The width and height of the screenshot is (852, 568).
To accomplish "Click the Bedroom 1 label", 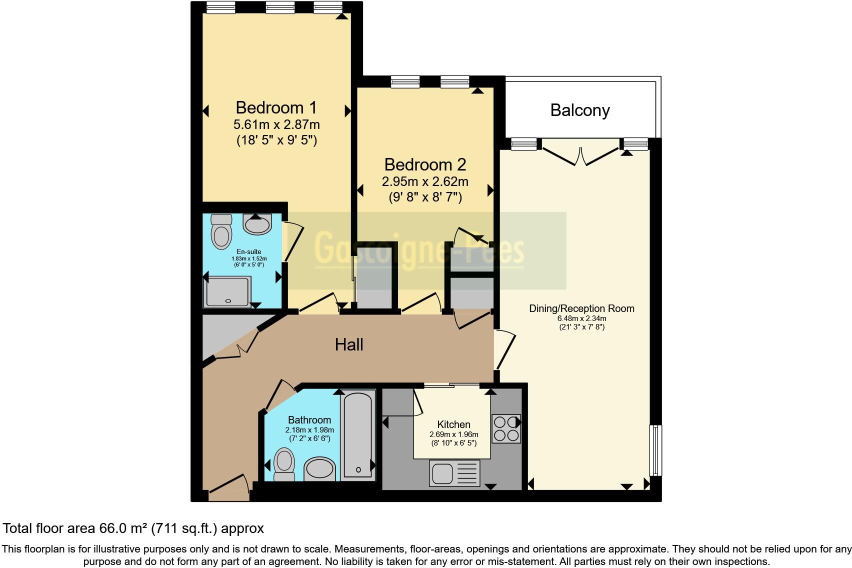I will click(276, 107).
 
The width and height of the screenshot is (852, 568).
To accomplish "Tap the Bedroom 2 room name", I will click(425, 164).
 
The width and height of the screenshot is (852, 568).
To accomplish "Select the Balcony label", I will click(580, 110).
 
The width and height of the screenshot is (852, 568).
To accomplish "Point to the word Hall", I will click(349, 344).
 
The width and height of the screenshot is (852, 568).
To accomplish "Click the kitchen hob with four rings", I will click(506, 428).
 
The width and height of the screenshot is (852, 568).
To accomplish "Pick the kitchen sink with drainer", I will click(454, 472).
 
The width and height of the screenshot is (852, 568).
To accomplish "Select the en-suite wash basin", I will click(257, 224).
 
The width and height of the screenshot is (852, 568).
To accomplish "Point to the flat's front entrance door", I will click(229, 487).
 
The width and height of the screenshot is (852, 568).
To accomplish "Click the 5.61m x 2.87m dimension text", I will click(276, 124).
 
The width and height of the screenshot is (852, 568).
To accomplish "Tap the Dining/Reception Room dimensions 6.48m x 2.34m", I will click(581, 318).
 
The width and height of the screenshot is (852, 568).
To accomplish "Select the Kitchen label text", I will click(453, 424).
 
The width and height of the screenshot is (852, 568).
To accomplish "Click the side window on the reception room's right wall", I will click(655, 450).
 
